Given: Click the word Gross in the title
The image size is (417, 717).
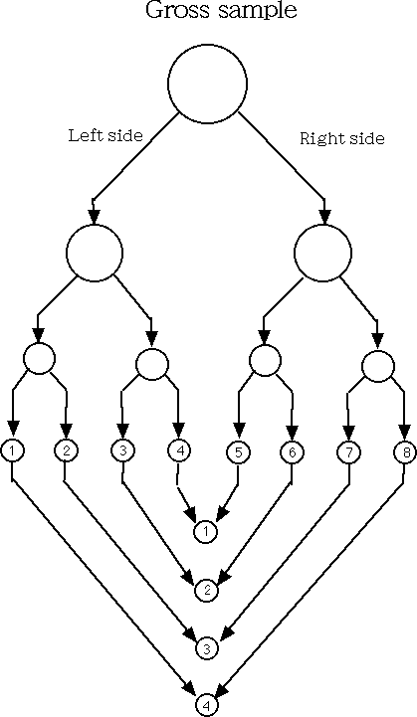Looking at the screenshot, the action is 179,10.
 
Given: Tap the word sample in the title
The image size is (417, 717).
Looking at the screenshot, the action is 258,11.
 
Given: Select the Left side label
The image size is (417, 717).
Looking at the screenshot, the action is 105,135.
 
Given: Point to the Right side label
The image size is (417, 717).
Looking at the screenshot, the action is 342,138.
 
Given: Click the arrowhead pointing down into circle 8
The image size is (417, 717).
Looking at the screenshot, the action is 404,432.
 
